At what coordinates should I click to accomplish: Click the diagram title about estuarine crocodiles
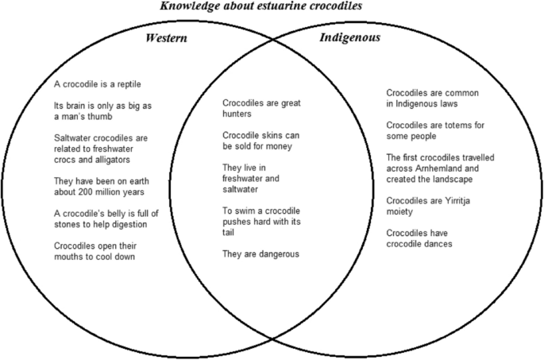click(272, 6)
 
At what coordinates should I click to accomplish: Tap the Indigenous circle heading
click(349, 37)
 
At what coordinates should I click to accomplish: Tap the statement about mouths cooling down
click(106, 251)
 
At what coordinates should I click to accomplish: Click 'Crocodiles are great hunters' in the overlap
click(261, 109)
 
